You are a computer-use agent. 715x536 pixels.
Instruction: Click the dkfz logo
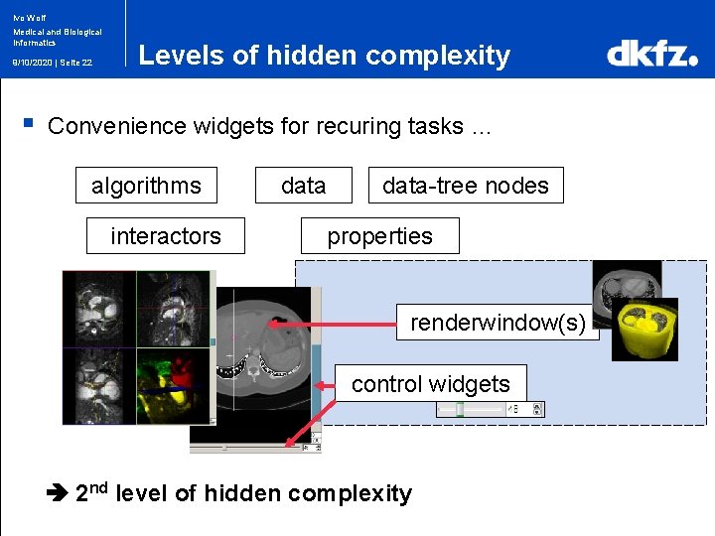[651, 55]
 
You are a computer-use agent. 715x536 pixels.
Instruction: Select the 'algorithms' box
[146, 186]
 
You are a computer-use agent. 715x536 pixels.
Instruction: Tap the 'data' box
[303, 186]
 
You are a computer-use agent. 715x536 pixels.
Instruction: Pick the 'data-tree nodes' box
[466, 186]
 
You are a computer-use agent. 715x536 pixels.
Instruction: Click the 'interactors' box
[166, 236]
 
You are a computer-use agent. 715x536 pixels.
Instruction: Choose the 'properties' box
[380, 236]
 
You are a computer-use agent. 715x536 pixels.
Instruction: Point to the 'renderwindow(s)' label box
[498, 323]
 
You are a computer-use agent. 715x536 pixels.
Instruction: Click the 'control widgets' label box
[430, 384]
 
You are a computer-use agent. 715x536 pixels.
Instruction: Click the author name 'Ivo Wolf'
[29, 18]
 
